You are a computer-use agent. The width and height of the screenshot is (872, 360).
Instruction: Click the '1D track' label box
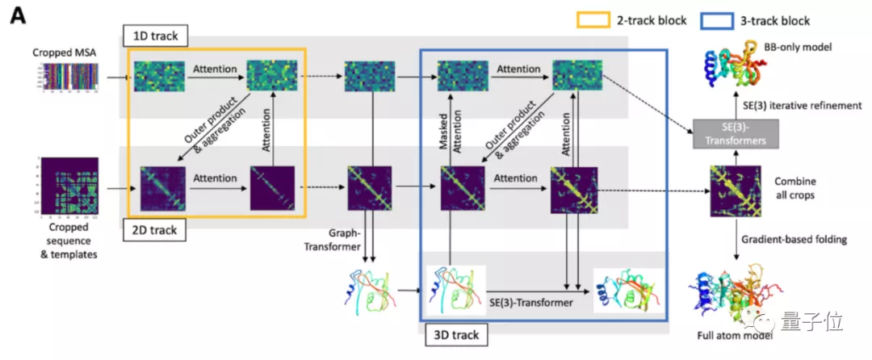tap(155, 35)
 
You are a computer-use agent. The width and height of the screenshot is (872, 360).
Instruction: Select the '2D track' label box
tap(153, 231)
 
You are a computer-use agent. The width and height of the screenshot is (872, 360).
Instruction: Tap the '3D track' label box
tap(453, 334)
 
